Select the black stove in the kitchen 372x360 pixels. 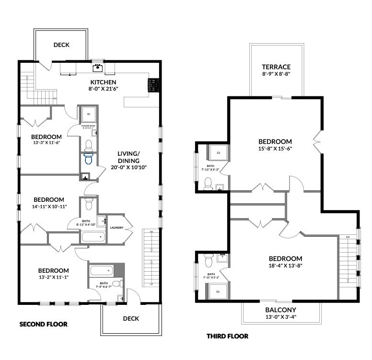tap(153, 85)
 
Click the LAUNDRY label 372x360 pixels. tap(117, 228)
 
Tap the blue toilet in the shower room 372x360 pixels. tap(88, 155)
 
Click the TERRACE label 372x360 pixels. tap(276, 67)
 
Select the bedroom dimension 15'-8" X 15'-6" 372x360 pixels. tap(275, 149)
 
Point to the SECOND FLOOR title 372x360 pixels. tap(43, 324)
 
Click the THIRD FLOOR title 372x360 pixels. tap(227, 336)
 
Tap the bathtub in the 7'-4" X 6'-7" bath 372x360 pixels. tap(101, 270)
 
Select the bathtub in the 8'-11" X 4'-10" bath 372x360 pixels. tap(93, 237)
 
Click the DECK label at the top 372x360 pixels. tap(61, 45)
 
